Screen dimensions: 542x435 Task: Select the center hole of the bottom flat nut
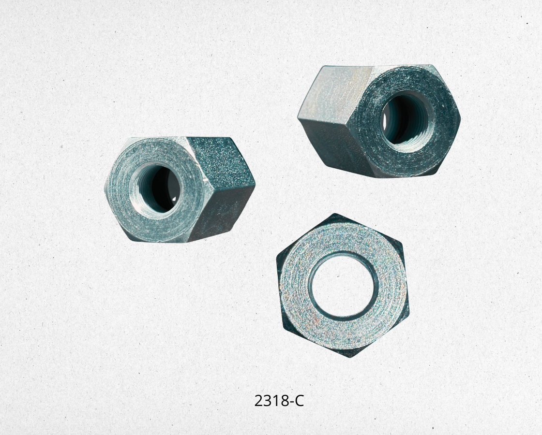[341, 286]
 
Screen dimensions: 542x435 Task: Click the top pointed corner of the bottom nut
[334, 214]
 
